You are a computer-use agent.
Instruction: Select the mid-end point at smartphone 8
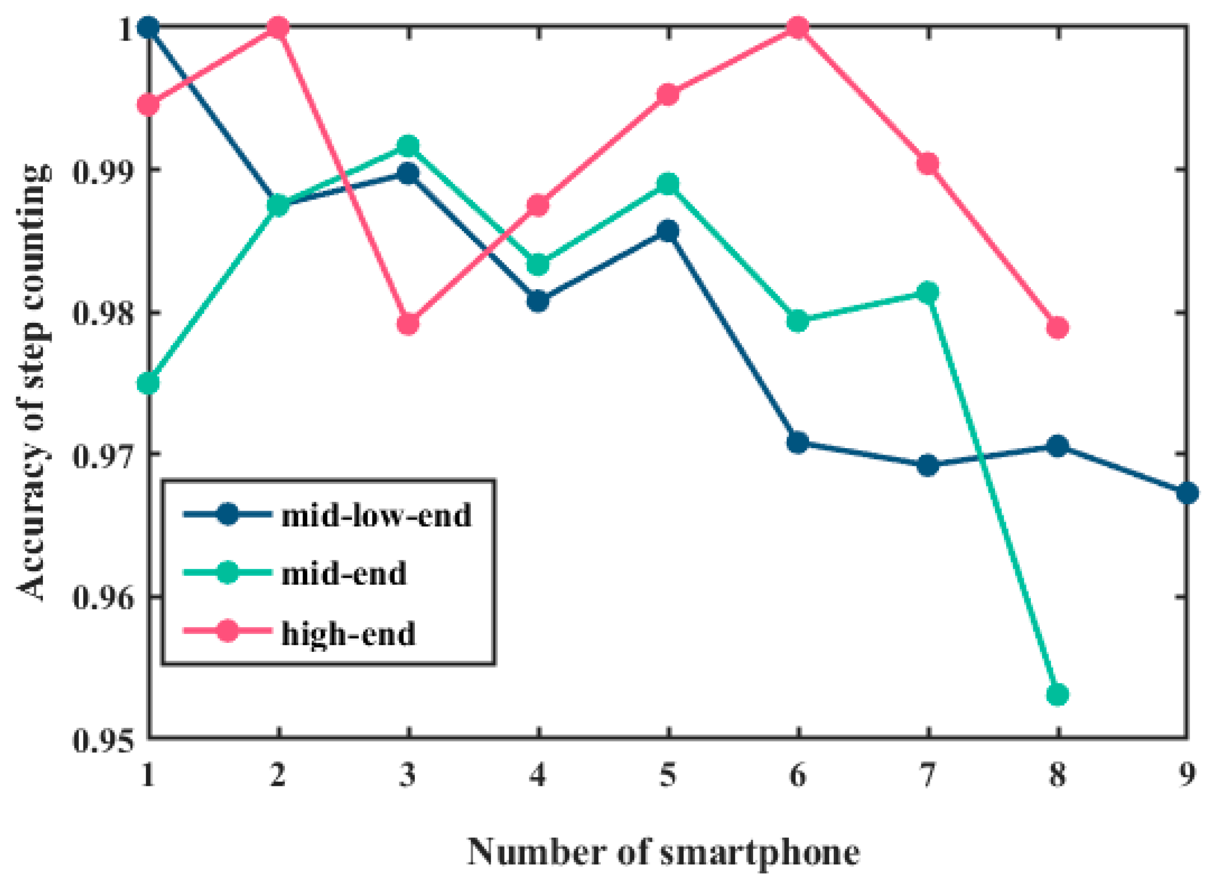pyautogui.click(x=1057, y=695)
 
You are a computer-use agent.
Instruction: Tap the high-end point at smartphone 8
pyautogui.click(x=1057, y=328)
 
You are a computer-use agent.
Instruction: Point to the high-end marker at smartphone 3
pyautogui.click(x=408, y=324)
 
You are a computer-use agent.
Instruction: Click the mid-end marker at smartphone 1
pyautogui.click(x=148, y=384)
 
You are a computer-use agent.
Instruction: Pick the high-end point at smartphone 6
pyautogui.click(x=798, y=27)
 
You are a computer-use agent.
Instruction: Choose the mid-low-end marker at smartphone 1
pyautogui.click(x=148, y=27)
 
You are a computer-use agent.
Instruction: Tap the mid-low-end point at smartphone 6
pyautogui.click(x=798, y=443)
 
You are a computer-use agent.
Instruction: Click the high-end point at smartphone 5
pyautogui.click(x=668, y=95)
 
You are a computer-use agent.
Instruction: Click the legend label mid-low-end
pyautogui.click(x=377, y=515)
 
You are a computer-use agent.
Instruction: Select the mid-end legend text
pyautogui.click(x=344, y=574)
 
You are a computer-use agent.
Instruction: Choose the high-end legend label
pyautogui.click(x=349, y=634)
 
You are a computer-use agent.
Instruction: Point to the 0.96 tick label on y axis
pyautogui.click(x=102, y=597)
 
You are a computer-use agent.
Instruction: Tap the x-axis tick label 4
pyautogui.click(x=538, y=775)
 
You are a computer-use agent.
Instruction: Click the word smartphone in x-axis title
pyautogui.click(x=760, y=852)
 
